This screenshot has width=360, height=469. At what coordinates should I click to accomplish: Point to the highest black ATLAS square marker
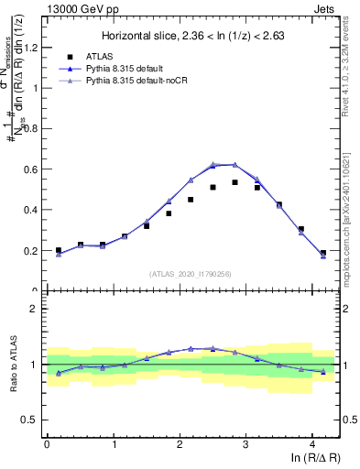[235, 182]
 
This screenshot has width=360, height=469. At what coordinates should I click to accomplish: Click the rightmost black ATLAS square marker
[323, 253]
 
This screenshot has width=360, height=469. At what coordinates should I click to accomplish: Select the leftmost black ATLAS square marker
[59, 250]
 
